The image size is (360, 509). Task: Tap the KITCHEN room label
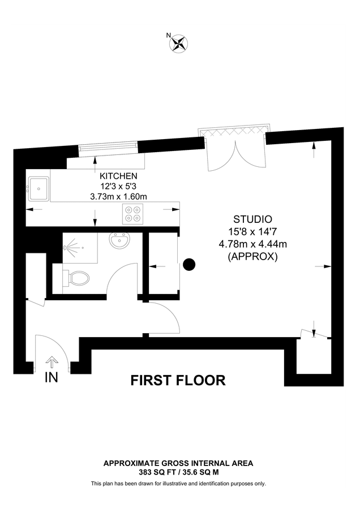(x=119, y=176)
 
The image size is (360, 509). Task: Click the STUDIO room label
(x=253, y=219)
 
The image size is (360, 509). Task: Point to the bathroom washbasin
(x=120, y=241)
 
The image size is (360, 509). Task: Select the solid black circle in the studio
(x=190, y=264)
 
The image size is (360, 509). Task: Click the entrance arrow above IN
(x=52, y=362)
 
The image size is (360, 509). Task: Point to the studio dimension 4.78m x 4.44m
(x=253, y=244)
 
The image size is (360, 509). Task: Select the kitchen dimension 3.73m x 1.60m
(x=119, y=197)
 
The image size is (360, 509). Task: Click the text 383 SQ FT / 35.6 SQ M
(x=178, y=471)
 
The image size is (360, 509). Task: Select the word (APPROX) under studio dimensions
(x=253, y=256)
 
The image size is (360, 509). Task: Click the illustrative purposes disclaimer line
(x=178, y=484)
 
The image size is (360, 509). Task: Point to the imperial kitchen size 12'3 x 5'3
(x=119, y=186)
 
